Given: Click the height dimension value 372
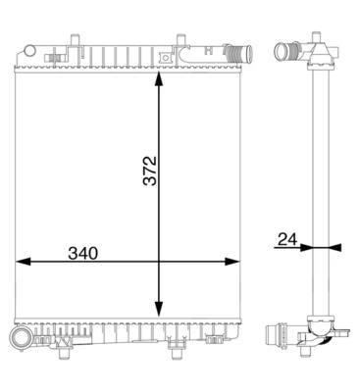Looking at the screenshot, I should pos(149,171).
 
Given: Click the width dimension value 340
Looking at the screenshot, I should pos(83,253).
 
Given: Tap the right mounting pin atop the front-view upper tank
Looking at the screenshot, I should pos(180,41).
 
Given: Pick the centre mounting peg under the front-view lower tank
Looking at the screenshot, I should pos(177,342).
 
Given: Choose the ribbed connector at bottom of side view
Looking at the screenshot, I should pos(280,339).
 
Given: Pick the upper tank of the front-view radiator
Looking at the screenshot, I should pos(128,55).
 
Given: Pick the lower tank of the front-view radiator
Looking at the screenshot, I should pos(128,325).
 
